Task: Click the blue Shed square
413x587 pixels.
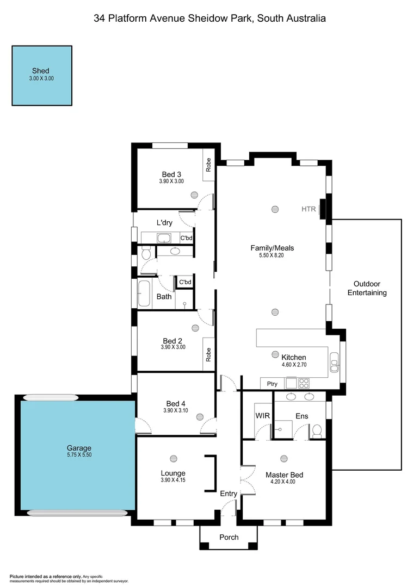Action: pyautogui.click(x=42, y=75)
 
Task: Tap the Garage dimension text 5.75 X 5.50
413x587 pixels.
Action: pyautogui.click(x=76, y=455)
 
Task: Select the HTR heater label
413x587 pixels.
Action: pyautogui.click(x=309, y=209)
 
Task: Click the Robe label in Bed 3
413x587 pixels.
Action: pyautogui.click(x=208, y=165)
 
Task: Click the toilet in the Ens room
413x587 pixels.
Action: pyautogui.click(x=317, y=432)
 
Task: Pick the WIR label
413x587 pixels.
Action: pyautogui.click(x=262, y=416)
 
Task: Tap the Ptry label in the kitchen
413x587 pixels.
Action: pyautogui.click(x=272, y=384)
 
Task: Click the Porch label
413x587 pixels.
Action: pyautogui.click(x=229, y=537)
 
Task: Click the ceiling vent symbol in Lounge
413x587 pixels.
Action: pyautogui.click(x=174, y=458)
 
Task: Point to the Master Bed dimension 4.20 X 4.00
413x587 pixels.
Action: pyautogui.click(x=282, y=482)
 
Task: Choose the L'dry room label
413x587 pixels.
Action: pyautogui.click(x=165, y=223)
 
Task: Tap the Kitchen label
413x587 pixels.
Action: pyautogui.click(x=293, y=357)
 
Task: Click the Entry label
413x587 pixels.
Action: pyautogui.click(x=229, y=494)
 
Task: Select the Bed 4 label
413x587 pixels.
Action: pyautogui.click(x=176, y=403)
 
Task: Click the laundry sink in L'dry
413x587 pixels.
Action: pyautogui.click(x=164, y=238)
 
